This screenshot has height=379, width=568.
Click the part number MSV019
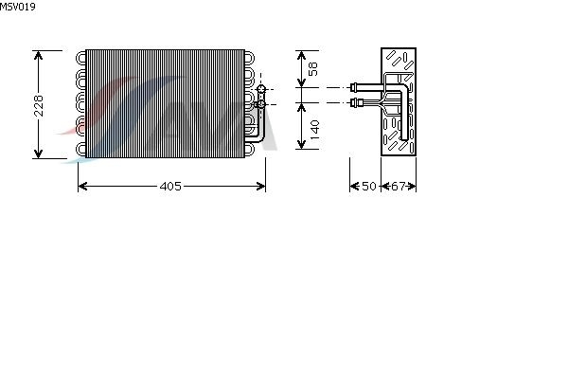point(17,7)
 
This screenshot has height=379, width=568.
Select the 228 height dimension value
point(39,105)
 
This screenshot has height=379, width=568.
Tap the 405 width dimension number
point(170,187)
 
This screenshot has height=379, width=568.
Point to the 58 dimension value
point(313,69)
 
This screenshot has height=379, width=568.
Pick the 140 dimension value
point(314,130)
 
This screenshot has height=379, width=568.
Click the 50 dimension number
point(369,186)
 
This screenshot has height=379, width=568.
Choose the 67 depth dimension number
point(399,186)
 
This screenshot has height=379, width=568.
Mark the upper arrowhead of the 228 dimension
point(38,55)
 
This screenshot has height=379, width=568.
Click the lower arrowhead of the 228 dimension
point(38,153)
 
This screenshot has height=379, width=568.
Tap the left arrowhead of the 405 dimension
point(83,187)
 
